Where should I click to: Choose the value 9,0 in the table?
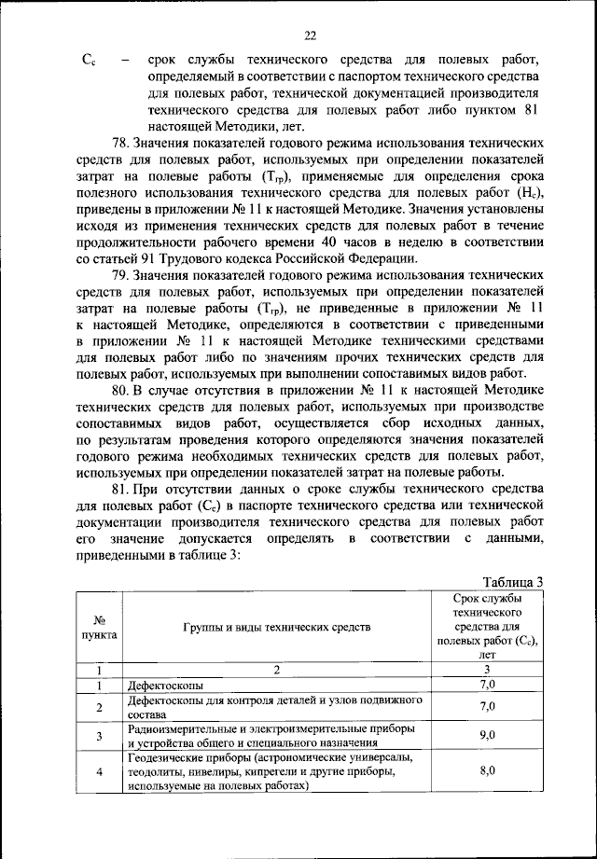pos(486,735)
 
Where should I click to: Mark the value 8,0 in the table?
pos(486,772)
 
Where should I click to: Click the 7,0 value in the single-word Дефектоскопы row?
pos(486,685)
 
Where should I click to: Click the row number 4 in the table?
pos(99,772)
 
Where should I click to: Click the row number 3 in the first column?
pos(99,735)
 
